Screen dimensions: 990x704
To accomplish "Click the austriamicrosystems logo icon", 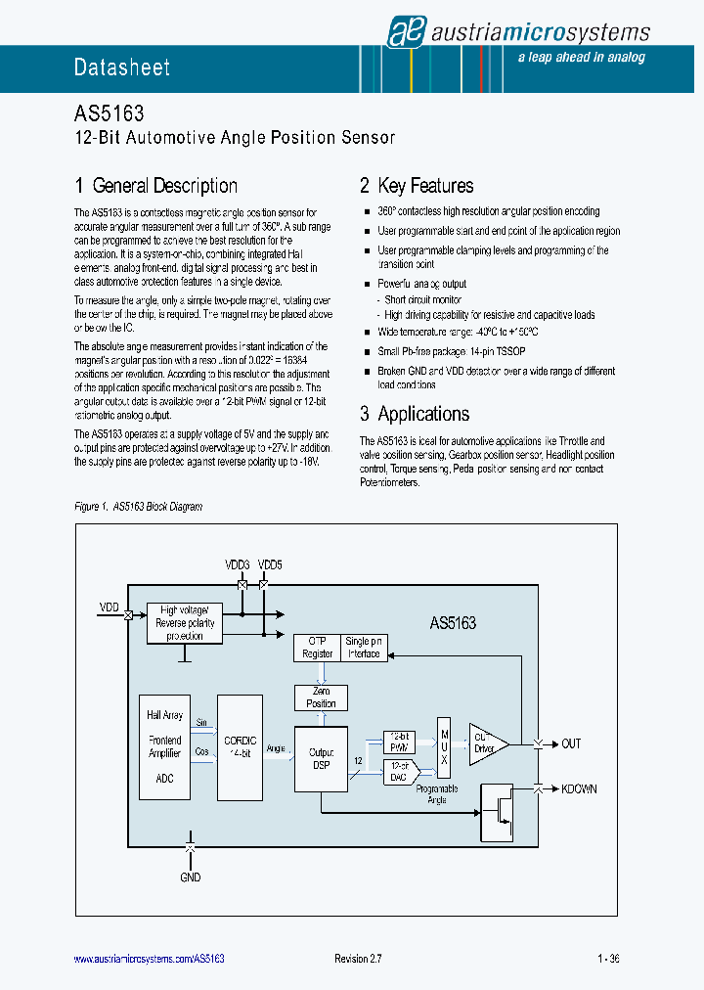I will point(403,31).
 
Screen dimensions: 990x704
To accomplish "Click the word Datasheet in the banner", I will point(122,67).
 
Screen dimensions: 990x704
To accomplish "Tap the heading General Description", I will point(155,186).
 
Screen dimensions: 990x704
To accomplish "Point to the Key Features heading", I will point(417,186).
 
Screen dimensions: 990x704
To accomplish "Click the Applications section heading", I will point(415,414).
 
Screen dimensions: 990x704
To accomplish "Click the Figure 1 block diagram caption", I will point(138,507).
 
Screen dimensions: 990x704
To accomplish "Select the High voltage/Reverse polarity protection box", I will point(184,622).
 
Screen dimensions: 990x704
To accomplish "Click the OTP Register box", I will point(317,648).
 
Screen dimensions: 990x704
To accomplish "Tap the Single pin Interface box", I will point(364,648).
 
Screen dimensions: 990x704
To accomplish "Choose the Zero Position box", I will point(321,697).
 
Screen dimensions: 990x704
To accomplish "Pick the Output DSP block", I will point(321,758).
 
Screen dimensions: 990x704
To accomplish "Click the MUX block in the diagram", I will point(444,746).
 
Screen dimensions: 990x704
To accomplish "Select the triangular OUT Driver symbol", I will point(486,743).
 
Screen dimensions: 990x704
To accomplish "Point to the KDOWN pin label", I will point(579,788).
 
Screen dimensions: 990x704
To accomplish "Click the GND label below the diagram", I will point(190,877).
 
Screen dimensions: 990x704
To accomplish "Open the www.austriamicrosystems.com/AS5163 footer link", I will point(150,959).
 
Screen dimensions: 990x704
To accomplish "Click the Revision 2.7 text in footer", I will point(357,959).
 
